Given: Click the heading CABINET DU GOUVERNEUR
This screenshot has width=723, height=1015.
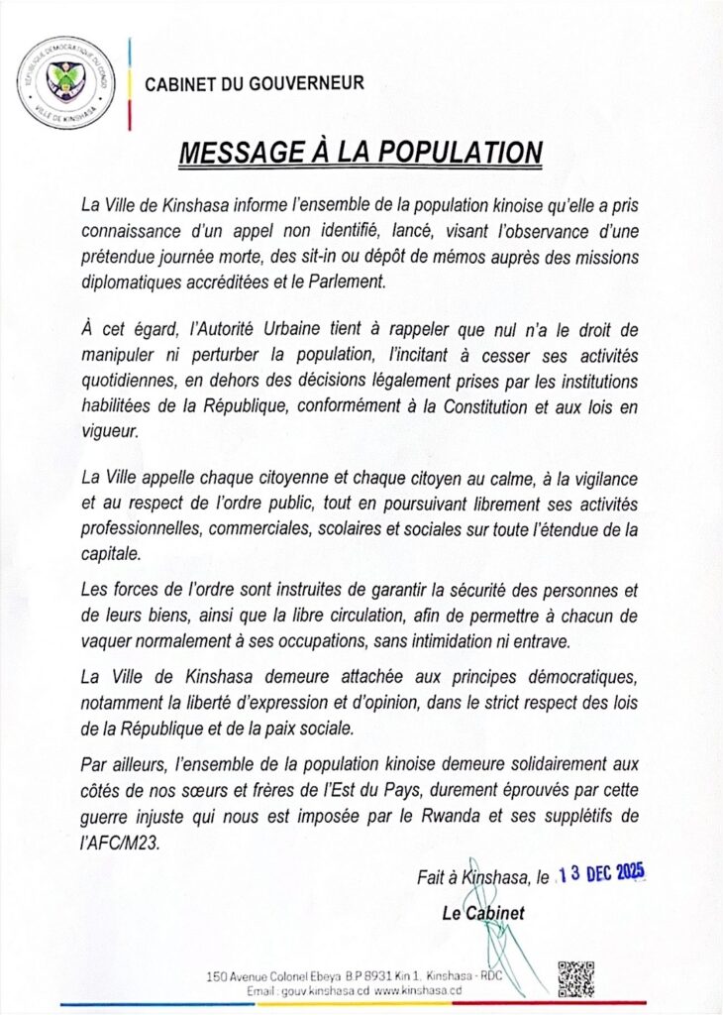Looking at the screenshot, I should [x=255, y=84].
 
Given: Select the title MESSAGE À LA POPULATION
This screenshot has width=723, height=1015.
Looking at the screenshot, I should [x=361, y=153].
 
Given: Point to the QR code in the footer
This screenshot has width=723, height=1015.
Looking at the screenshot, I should [x=575, y=977].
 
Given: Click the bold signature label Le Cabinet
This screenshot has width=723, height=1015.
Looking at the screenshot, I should [x=483, y=913].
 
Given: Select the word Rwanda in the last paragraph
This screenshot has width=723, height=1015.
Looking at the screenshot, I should [x=492, y=816].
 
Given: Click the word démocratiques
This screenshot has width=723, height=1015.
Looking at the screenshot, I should [x=573, y=676].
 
